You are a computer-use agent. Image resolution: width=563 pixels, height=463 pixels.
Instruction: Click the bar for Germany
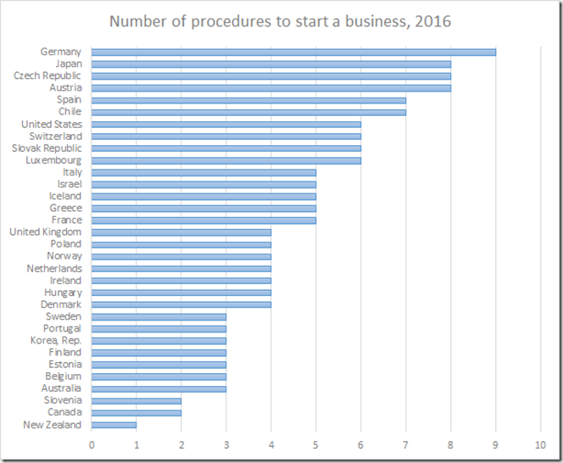(x=293, y=52)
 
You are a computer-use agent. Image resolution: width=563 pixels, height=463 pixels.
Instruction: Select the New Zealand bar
(x=114, y=425)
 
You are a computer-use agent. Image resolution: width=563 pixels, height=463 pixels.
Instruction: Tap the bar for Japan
(x=271, y=64)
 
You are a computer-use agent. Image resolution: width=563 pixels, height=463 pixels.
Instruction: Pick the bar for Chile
(x=248, y=112)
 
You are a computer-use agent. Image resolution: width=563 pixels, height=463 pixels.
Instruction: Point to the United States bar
(x=226, y=124)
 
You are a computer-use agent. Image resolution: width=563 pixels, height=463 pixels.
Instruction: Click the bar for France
(x=203, y=220)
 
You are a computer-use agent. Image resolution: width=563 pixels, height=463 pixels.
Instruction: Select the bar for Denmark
(x=181, y=304)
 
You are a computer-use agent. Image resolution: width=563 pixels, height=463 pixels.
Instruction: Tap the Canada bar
(x=137, y=413)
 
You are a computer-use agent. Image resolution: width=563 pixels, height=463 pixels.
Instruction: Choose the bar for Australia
(x=159, y=388)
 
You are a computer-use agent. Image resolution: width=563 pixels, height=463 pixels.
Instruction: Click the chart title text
(x=281, y=20)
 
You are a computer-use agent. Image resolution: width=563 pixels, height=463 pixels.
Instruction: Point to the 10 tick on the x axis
(x=540, y=443)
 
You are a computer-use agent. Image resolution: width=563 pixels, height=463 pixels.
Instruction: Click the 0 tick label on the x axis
(x=92, y=443)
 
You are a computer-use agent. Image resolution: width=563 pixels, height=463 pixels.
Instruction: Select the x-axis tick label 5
(x=316, y=443)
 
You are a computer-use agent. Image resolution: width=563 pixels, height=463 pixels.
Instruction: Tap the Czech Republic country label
(x=48, y=75)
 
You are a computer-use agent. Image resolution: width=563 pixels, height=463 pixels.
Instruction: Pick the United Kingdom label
(x=46, y=231)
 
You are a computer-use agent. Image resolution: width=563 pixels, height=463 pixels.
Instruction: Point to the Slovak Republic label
(x=47, y=148)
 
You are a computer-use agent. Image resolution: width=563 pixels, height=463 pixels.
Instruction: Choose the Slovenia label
(x=63, y=400)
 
